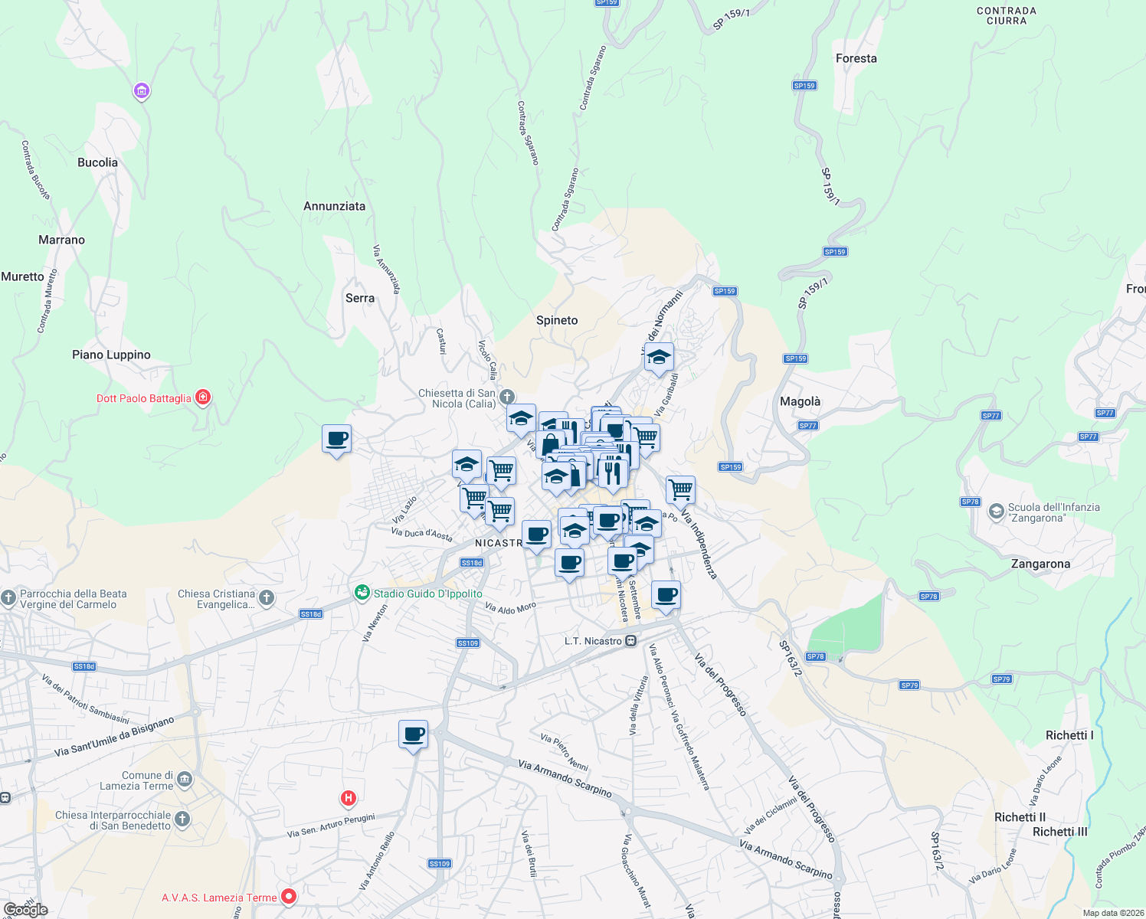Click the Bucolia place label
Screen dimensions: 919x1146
tap(98, 162)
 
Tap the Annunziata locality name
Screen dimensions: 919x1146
tap(334, 206)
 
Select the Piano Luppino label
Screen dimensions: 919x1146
tap(111, 355)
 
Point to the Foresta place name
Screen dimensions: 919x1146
tap(856, 58)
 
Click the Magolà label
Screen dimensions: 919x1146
tap(800, 401)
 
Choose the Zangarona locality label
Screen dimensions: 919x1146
tap(1040, 564)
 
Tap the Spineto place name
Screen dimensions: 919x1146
tap(557, 320)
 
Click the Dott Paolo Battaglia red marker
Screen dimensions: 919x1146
tap(203, 397)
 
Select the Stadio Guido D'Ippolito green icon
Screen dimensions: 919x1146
tap(362, 593)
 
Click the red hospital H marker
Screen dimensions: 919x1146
tap(349, 799)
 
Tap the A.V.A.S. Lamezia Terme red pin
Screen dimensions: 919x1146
tap(289, 896)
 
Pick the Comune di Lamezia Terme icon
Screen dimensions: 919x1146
tap(185, 780)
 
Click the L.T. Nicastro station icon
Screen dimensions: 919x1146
tap(630, 641)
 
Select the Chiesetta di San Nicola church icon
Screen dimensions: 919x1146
tap(506, 397)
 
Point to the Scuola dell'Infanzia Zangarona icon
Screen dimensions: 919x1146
tap(996, 512)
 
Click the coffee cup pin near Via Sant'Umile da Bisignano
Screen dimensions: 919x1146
tap(414, 734)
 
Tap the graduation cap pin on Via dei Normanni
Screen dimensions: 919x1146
tap(659, 357)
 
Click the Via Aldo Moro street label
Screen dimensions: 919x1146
tap(511, 607)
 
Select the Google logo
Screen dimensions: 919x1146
tap(26, 910)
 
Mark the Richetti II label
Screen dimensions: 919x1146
tap(1020, 817)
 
